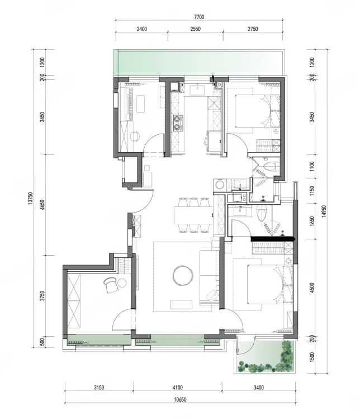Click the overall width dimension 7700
coord(199,17)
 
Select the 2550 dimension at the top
coord(196,29)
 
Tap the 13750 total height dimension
coord(30,199)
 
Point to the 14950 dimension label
coord(324,211)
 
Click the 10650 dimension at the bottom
coord(180,400)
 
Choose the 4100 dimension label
coord(178,388)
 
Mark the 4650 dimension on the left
coord(42,205)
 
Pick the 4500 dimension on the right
coord(312,288)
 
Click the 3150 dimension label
coord(99,388)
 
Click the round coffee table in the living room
coord(183,275)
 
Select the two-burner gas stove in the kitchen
coord(178,123)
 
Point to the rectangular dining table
coord(194,215)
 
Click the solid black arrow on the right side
coord(273,239)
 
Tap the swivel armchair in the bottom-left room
coord(111,285)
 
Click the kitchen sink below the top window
coord(197,90)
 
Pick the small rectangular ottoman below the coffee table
coord(181,304)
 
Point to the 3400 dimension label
coord(258,388)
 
